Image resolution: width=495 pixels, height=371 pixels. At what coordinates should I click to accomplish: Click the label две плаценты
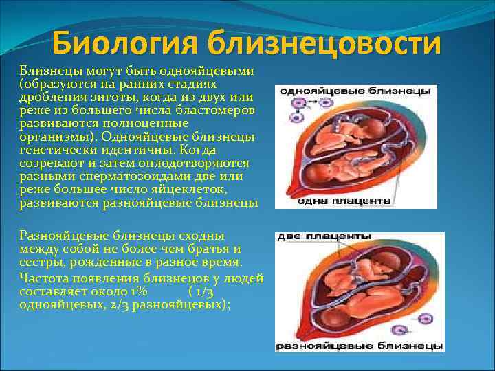(324, 236)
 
